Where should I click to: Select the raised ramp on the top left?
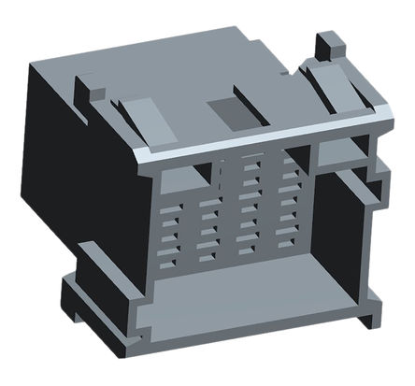pos(131,114)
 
